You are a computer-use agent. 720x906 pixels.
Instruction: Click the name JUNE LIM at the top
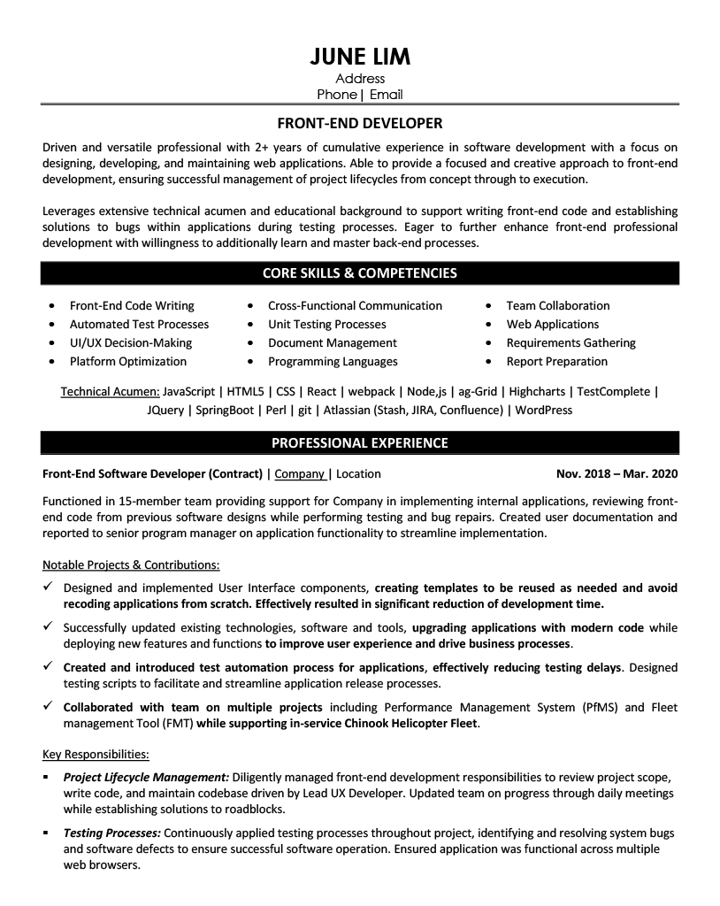click(360, 57)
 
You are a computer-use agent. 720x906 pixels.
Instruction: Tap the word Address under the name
click(360, 79)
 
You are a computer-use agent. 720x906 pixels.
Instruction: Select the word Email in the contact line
click(386, 95)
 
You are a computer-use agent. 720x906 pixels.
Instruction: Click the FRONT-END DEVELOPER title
click(360, 123)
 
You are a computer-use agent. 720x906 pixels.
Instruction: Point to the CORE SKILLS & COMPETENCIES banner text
click(360, 273)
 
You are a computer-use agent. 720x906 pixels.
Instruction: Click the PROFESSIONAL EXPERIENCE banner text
click(360, 442)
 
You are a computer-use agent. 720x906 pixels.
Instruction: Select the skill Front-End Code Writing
click(132, 305)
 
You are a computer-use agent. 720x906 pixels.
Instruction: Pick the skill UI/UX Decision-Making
click(130, 342)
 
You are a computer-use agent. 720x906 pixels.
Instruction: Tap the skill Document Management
click(332, 342)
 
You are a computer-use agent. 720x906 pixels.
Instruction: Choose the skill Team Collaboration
click(557, 305)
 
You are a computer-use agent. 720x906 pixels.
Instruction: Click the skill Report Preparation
click(556, 361)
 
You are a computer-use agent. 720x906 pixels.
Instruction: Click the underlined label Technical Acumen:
click(110, 391)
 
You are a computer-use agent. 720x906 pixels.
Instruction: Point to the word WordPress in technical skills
click(543, 410)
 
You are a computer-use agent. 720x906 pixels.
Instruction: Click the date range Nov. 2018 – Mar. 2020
click(617, 473)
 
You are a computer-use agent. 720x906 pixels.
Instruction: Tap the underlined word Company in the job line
click(299, 473)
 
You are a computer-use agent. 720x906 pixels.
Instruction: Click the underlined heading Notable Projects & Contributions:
click(131, 564)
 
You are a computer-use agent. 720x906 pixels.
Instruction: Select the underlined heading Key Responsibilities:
click(96, 754)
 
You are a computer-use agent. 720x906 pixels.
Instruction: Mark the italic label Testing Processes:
click(111, 833)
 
